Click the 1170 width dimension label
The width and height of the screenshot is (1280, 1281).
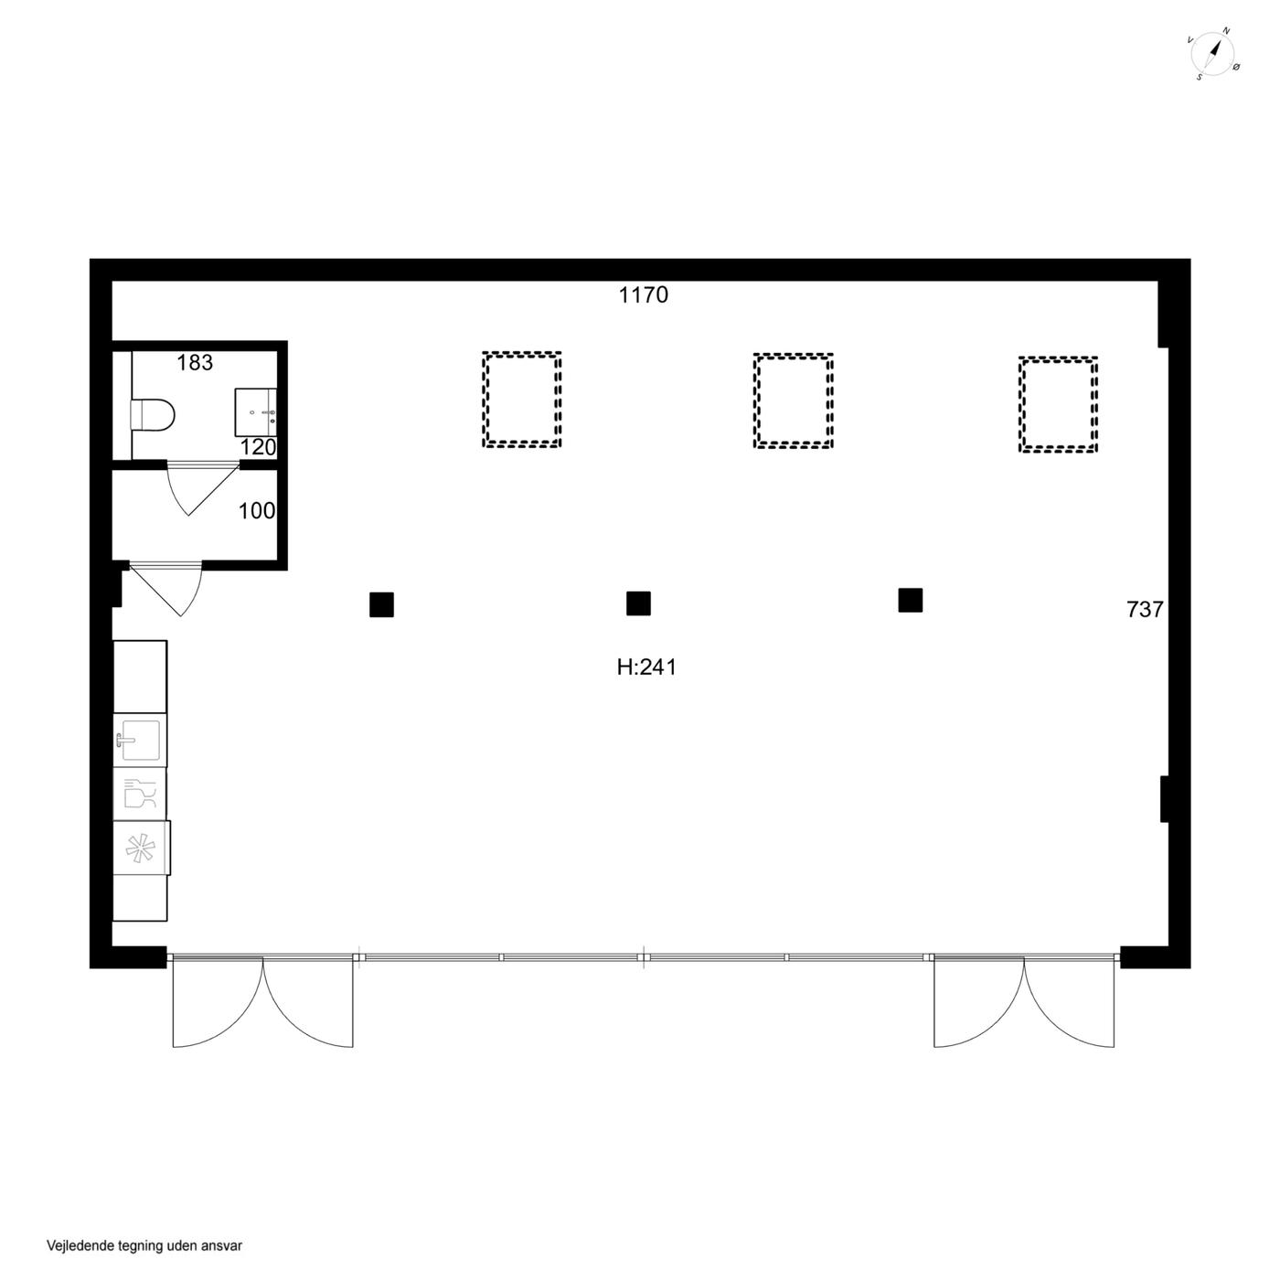pyautogui.click(x=643, y=294)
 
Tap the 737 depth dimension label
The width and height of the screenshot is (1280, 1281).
pyautogui.click(x=1145, y=609)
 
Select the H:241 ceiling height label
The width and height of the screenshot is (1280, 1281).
pyautogui.click(x=646, y=667)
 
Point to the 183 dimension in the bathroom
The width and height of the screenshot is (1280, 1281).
pyautogui.click(x=195, y=362)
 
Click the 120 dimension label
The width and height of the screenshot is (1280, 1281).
pyautogui.click(x=258, y=447)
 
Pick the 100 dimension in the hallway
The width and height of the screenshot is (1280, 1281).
pyautogui.click(x=257, y=510)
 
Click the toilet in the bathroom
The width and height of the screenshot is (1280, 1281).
pyautogui.click(x=153, y=415)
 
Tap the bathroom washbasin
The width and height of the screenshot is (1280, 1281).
pyautogui.click(x=255, y=412)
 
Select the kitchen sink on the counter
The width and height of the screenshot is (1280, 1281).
pyautogui.click(x=138, y=739)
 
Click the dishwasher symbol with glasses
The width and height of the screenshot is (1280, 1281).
pyautogui.click(x=140, y=794)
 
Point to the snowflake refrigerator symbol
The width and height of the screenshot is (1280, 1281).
pyautogui.click(x=140, y=848)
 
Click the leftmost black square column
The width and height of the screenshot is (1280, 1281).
pyautogui.click(x=381, y=605)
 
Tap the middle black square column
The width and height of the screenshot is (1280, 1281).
pyautogui.click(x=638, y=603)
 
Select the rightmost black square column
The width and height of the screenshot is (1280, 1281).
pyautogui.click(x=911, y=601)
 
